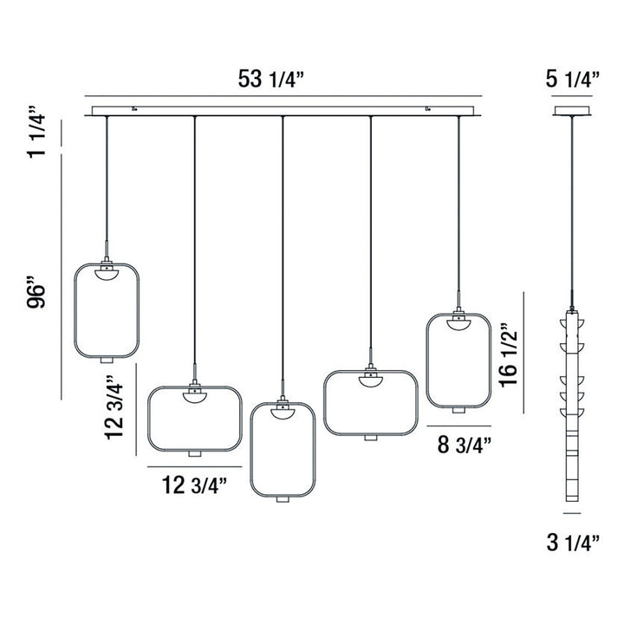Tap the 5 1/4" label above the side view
[573, 81]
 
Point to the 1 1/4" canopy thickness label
[36, 134]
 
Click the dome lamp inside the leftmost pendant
[105, 275]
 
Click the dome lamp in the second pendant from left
[194, 397]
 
